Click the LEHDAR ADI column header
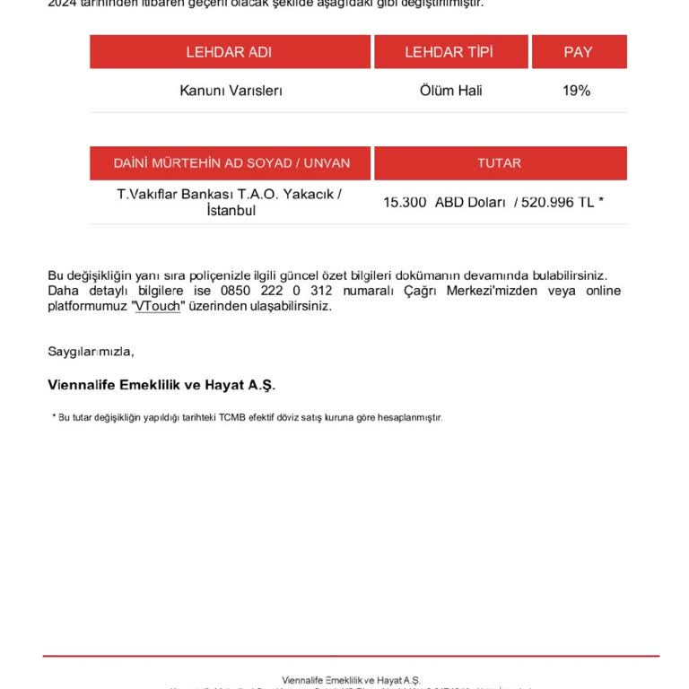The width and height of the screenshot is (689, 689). tap(229, 52)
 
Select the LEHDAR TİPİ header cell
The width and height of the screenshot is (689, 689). tap(449, 52)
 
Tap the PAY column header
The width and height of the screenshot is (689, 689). tap(578, 52)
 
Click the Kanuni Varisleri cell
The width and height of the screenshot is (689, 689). tap(231, 91)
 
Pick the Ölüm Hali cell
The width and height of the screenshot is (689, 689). tap(450, 91)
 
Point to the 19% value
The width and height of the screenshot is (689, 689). tap(576, 91)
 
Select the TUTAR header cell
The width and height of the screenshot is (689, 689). tap(500, 163)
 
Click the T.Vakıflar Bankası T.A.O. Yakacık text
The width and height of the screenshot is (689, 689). tap(230, 194)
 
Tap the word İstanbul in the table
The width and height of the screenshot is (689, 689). tap(231, 211)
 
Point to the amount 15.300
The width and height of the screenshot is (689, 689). tap(405, 202)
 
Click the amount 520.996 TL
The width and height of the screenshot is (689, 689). tap(556, 202)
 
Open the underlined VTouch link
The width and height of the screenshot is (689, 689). tap(157, 306)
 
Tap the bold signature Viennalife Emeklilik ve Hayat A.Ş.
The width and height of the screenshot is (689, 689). tap(161, 384)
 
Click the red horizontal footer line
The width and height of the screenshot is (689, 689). tap(350, 656)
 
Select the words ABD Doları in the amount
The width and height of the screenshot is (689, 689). tap(471, 202)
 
